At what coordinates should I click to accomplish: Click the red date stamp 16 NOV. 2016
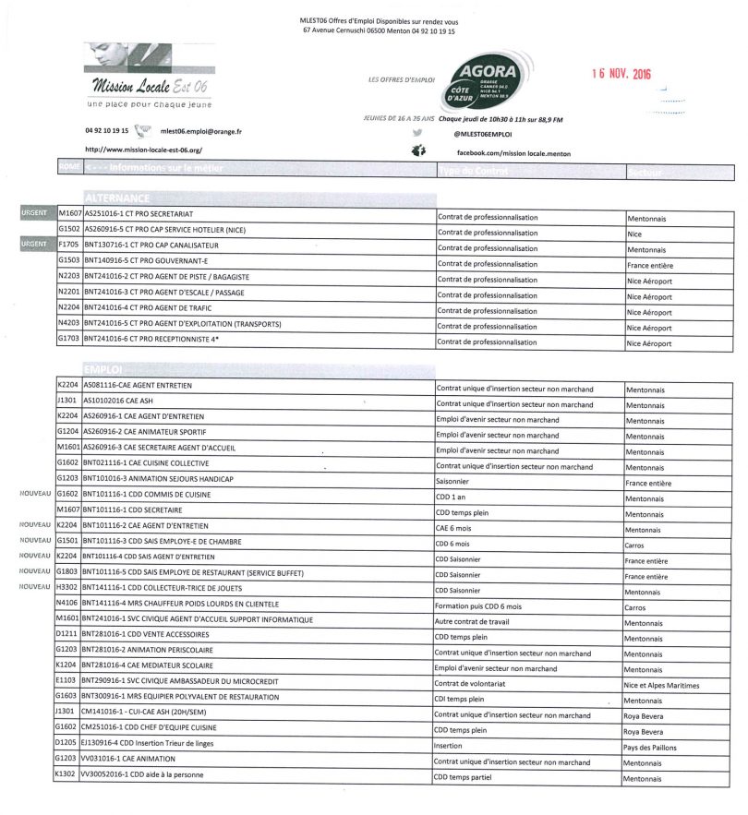click(x=621, y=74)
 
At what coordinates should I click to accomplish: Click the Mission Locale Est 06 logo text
click(x=150, y=87)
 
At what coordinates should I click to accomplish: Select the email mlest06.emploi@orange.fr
click(x=200, y=131)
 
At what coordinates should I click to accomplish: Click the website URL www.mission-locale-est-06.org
click(x=143, y=149)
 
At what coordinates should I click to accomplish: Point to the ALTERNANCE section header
click(x=117, y=198)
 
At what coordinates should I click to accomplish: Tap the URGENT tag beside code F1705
click(x=33, y=246)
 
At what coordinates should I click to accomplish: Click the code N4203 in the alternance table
click(x=68, y=324)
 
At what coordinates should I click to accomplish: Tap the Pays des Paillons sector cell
click(x=653, y=746)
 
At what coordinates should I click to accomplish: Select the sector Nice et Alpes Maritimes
click(x=662, y=685)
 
